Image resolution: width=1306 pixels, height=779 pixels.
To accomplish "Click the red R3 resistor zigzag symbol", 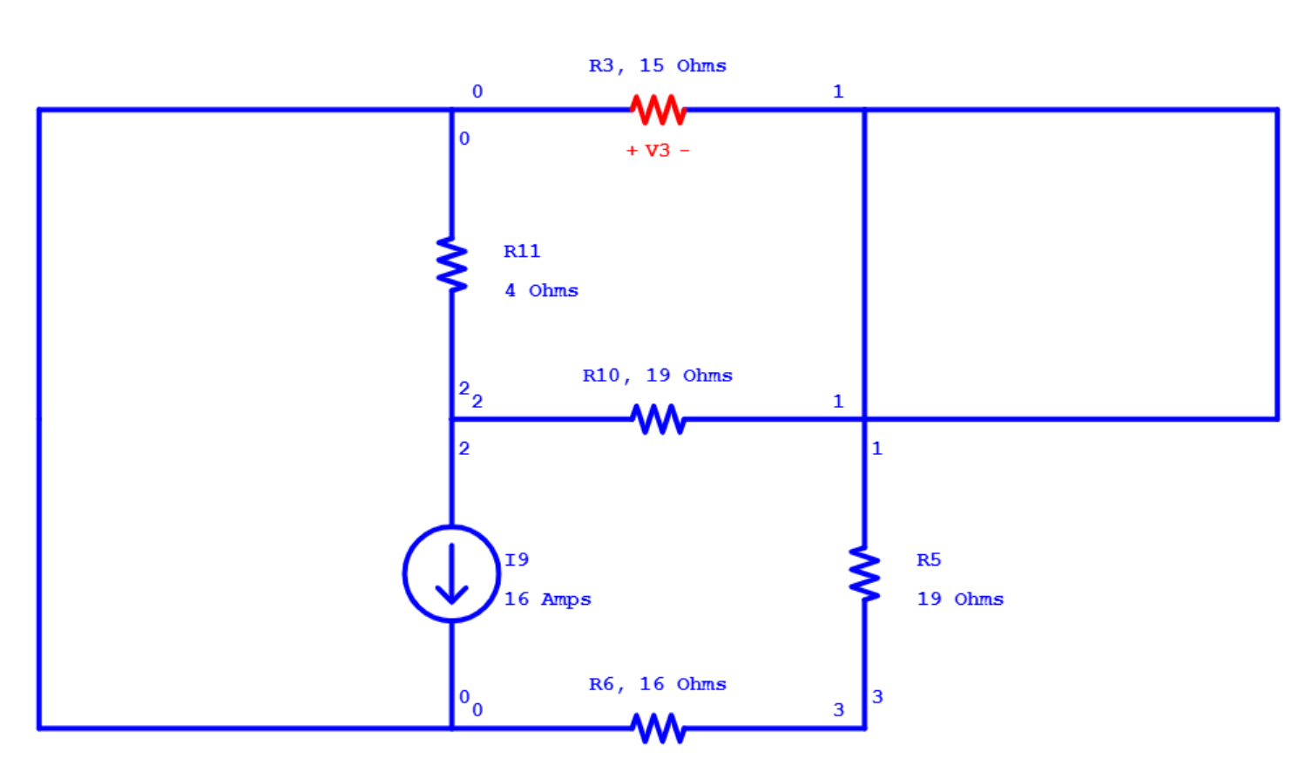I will pyautogui.click(x=658, y=110).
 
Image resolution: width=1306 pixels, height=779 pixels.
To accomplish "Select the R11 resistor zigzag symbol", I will pyautogui.click(x=451, y=264).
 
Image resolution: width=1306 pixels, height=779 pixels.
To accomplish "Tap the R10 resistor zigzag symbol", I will pyautogui.click(x=658, y=419).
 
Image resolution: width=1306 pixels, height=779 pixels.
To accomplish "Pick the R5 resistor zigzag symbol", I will pyautogui.click(x=864, y=573).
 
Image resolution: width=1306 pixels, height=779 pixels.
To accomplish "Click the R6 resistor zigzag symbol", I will pyautogui.click(x=658, y=728).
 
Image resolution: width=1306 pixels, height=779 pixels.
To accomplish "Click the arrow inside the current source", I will pyautogui.click(x=451, y=575).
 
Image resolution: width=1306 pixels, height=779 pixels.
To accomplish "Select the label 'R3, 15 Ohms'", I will pyautogui.click(x=657, y=66).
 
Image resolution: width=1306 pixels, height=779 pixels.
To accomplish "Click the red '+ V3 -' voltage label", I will pyautogui.click(x=657, y=151).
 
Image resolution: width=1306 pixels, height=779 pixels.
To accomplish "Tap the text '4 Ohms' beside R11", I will pyautogui.click(x=541, y=290).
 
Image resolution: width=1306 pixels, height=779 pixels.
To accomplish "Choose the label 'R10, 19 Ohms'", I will pyautogui.click(x=657, y=376).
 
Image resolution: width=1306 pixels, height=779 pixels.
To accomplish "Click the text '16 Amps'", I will pyautogui.click(x=547, y=599).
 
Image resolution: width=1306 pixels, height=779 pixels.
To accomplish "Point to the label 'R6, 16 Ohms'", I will pyautogui.click(x=657, y=685).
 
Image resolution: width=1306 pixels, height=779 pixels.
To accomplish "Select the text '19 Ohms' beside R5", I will pyautogui.click(x=959, y=599).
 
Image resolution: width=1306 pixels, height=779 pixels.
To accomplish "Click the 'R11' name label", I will pyautogui.click(x=522, y=252).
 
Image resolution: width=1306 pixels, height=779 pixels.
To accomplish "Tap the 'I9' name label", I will pyautogui.click(x=517, y=560).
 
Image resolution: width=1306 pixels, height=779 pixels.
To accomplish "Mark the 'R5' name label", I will pyautogui.click(x=928, y=560).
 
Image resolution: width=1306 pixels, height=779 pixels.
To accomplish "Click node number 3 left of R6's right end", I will pyautogui.click(x=838, y=710).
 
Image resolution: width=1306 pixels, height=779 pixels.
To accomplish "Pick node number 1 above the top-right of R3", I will pyautogui.click(x=838, y=91).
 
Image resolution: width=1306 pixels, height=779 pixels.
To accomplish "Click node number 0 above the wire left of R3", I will pyautogui.click(x=477, y=91).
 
